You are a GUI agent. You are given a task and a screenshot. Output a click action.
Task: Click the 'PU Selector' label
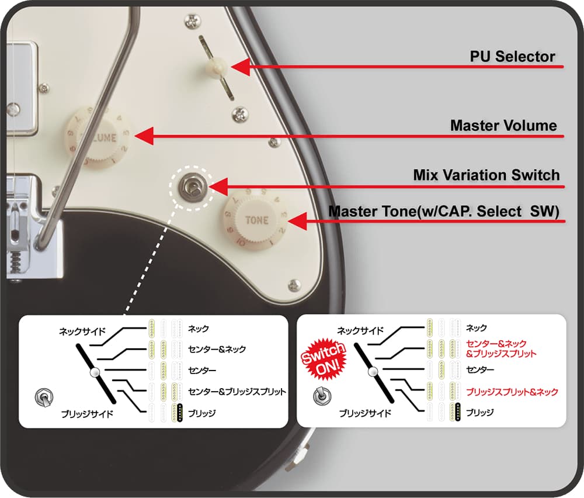point(512,57)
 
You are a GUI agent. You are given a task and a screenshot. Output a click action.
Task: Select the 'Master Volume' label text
point(503,126)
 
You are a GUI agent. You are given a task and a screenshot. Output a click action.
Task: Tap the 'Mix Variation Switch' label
point(486,175)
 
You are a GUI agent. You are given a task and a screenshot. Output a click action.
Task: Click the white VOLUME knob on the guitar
point(98,137)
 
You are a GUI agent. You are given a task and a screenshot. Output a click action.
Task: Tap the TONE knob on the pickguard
point(256,220)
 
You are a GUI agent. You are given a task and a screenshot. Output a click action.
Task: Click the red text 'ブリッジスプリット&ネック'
point(512,392)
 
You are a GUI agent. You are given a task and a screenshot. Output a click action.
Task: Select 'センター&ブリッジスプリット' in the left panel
point(237,392)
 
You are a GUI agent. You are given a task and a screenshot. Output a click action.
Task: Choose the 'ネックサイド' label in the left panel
point(82,331)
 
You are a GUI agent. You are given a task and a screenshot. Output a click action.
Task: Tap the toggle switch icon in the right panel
point(321,397)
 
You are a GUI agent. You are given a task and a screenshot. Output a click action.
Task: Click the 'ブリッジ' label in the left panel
point(202,413)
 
